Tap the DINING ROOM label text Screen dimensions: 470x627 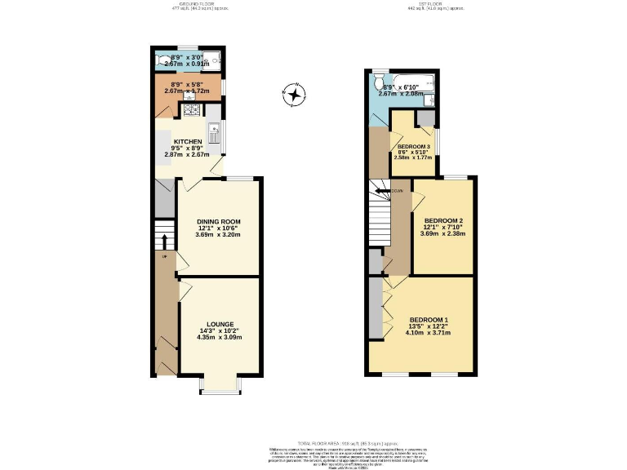point(218,222)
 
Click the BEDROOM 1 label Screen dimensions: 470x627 point(429,319)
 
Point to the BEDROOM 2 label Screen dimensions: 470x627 point(443,221)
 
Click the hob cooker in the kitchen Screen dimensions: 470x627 point(193,111)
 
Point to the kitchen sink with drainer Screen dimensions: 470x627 point(214,131)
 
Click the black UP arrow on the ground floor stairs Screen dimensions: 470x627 point(163,241)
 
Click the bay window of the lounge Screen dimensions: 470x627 point(220,387)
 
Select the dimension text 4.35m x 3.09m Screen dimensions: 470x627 point(219,337)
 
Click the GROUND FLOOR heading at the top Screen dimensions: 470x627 point(190,3)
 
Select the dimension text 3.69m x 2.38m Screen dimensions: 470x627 point(443,235)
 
